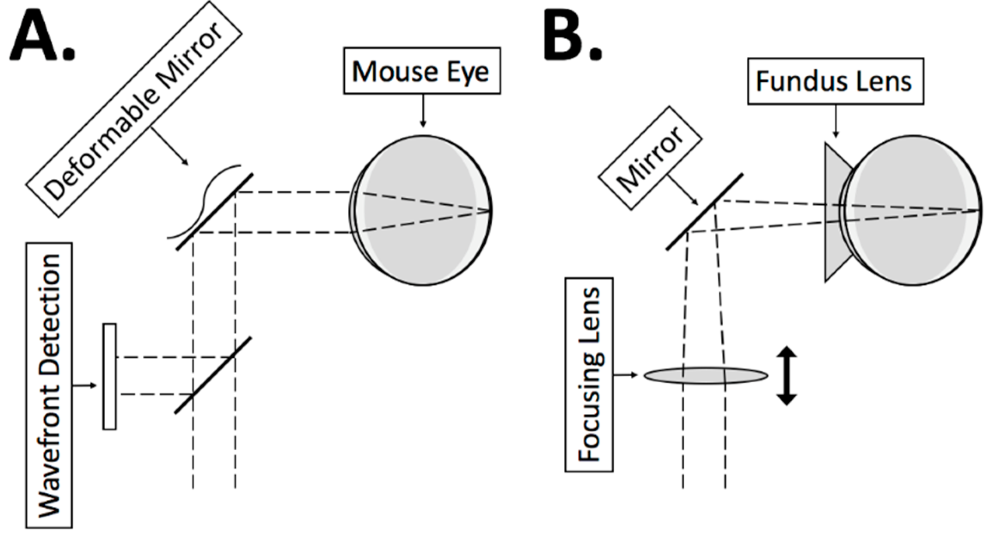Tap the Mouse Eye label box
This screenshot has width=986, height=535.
tap(422, 71)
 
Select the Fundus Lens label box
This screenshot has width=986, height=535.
tap(835, 81)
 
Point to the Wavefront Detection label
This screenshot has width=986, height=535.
tap(49, 385)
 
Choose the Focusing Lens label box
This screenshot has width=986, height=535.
tap(588, 375)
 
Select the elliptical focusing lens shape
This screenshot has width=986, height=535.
tap(705, 375)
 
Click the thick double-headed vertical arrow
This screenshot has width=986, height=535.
tap(787, 375)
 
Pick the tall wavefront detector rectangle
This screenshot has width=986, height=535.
tap(110, 376)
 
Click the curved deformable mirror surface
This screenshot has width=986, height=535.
tap(202, 202)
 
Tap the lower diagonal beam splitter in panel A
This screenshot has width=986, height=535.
tap(213, 375)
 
